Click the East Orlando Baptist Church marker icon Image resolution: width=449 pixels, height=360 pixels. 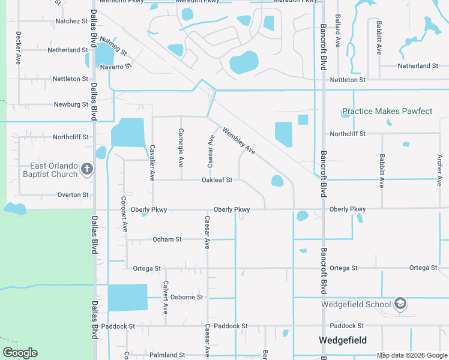click(87, 169)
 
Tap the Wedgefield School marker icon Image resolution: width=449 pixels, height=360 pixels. click(401, 304)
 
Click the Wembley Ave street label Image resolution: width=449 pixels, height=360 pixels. click(239, 141)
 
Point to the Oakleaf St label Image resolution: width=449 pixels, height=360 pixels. click(217, 179)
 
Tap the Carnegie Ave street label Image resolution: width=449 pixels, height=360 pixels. click(181, 148)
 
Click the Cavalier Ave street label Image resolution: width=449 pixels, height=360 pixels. click(152, 163)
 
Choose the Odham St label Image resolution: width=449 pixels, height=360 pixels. click(167, 239)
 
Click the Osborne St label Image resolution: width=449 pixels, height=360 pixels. click(187, 297)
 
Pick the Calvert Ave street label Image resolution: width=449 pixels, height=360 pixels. click(166, 298)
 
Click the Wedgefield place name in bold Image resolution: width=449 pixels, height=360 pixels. click(343, 340)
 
